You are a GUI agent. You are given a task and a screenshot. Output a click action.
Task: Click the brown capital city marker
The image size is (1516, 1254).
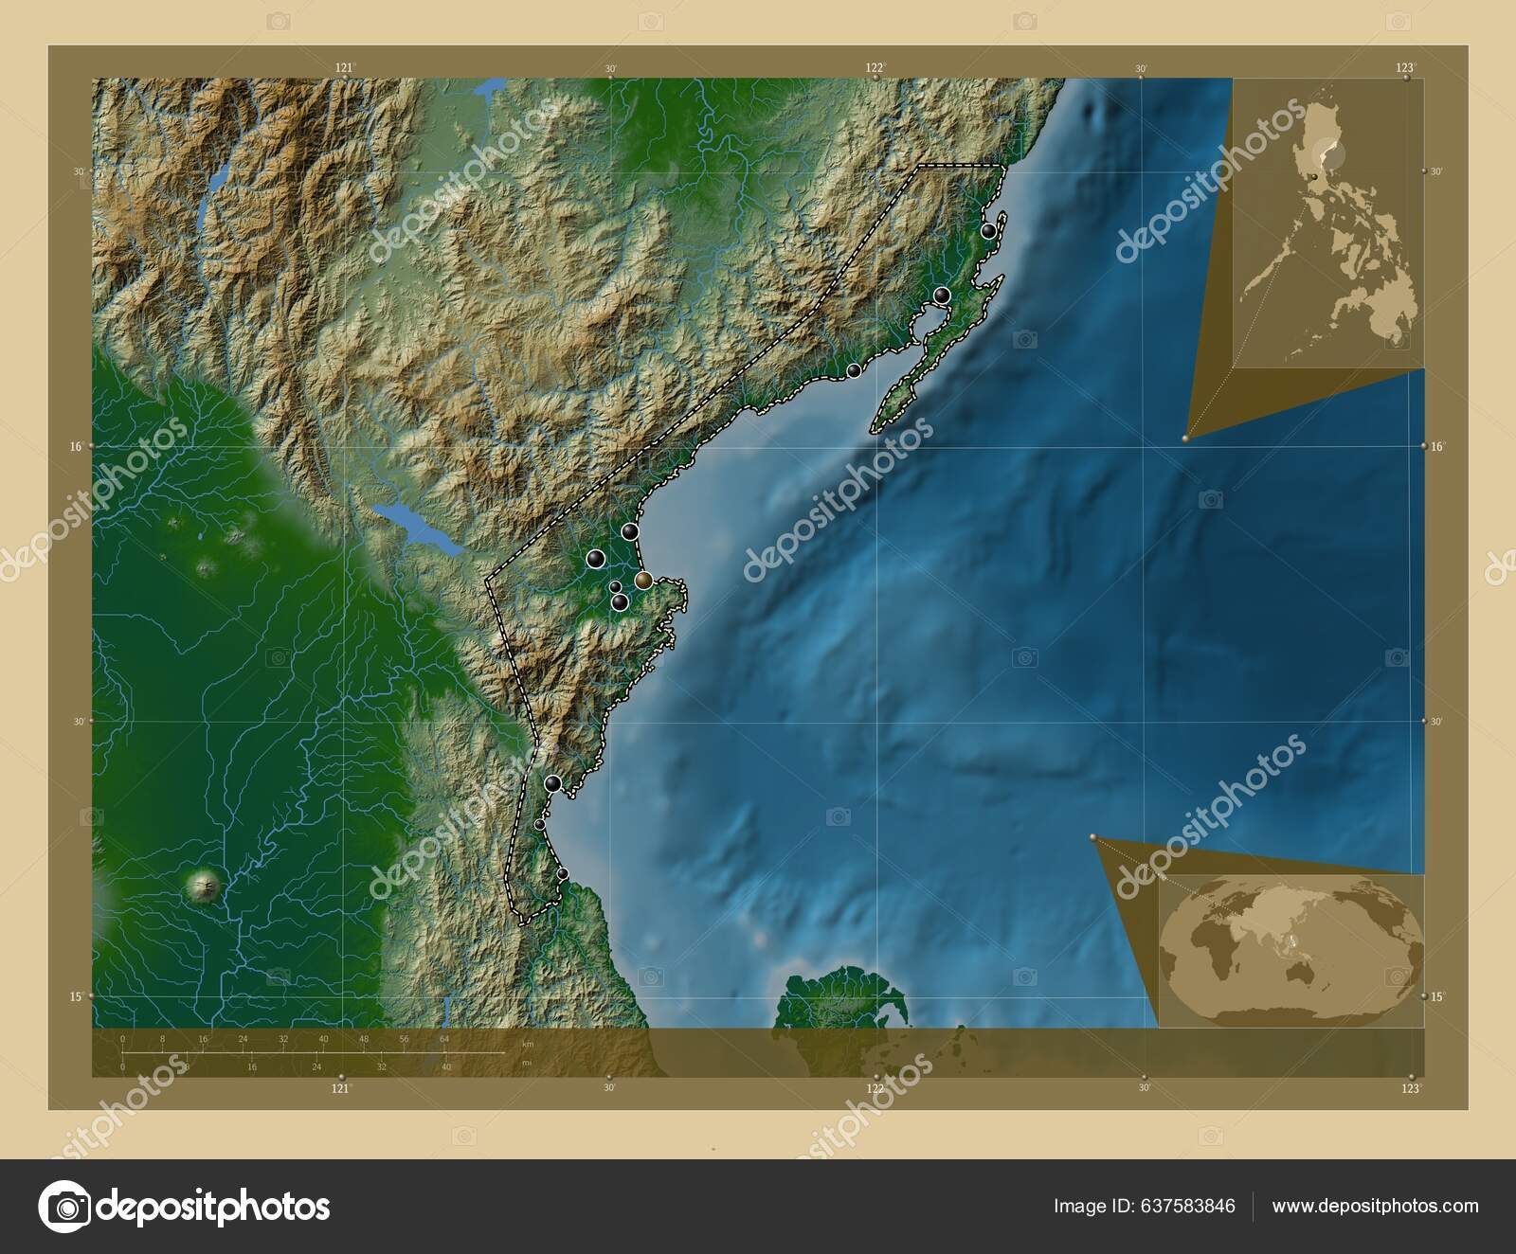tap(643, 580)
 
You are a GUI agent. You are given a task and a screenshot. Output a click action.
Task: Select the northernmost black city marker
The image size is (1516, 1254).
tap(988, 230)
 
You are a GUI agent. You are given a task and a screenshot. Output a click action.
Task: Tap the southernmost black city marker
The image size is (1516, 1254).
tap(563, 873)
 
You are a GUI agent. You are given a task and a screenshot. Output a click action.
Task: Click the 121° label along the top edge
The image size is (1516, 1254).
tap(344, 67)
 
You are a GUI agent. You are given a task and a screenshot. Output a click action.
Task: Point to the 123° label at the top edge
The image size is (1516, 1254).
tap(1404, 67)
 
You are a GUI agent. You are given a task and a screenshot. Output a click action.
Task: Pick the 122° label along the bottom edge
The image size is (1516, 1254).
tap(875, 1088)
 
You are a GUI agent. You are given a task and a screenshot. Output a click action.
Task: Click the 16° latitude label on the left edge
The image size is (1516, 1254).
tap(80, 446)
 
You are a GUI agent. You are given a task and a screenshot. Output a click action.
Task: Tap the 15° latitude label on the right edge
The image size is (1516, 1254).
tap(1436, 995)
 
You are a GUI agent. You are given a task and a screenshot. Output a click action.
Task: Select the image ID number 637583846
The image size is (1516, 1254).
tap(1144, 1206)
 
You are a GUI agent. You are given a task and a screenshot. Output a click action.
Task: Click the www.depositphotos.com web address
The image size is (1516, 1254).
tap(1375, 1206)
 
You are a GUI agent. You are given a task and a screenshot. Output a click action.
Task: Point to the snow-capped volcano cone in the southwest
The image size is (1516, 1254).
tap(203, 887)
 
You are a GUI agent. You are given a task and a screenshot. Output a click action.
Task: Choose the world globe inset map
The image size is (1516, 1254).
tap(1290, 951)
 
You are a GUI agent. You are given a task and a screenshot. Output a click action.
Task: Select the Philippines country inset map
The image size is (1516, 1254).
tap(1326, 223)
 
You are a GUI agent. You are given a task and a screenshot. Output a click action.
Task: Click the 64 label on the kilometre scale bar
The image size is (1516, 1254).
tap(443, 1039)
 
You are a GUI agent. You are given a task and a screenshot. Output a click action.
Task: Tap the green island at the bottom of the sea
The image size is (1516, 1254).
tap(839, 1006)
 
